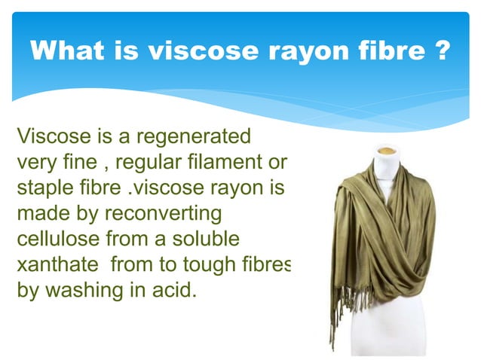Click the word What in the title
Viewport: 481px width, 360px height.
67,52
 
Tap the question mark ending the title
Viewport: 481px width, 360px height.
443,52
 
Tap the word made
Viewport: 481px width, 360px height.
40,213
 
